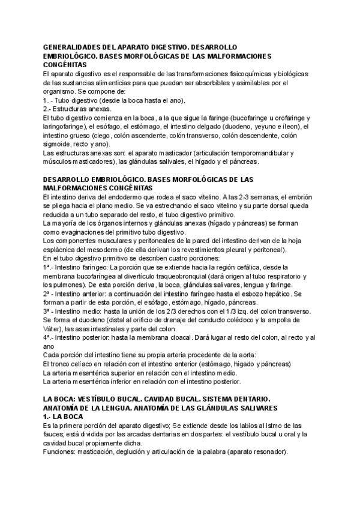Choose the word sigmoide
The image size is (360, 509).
click(58, 145)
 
